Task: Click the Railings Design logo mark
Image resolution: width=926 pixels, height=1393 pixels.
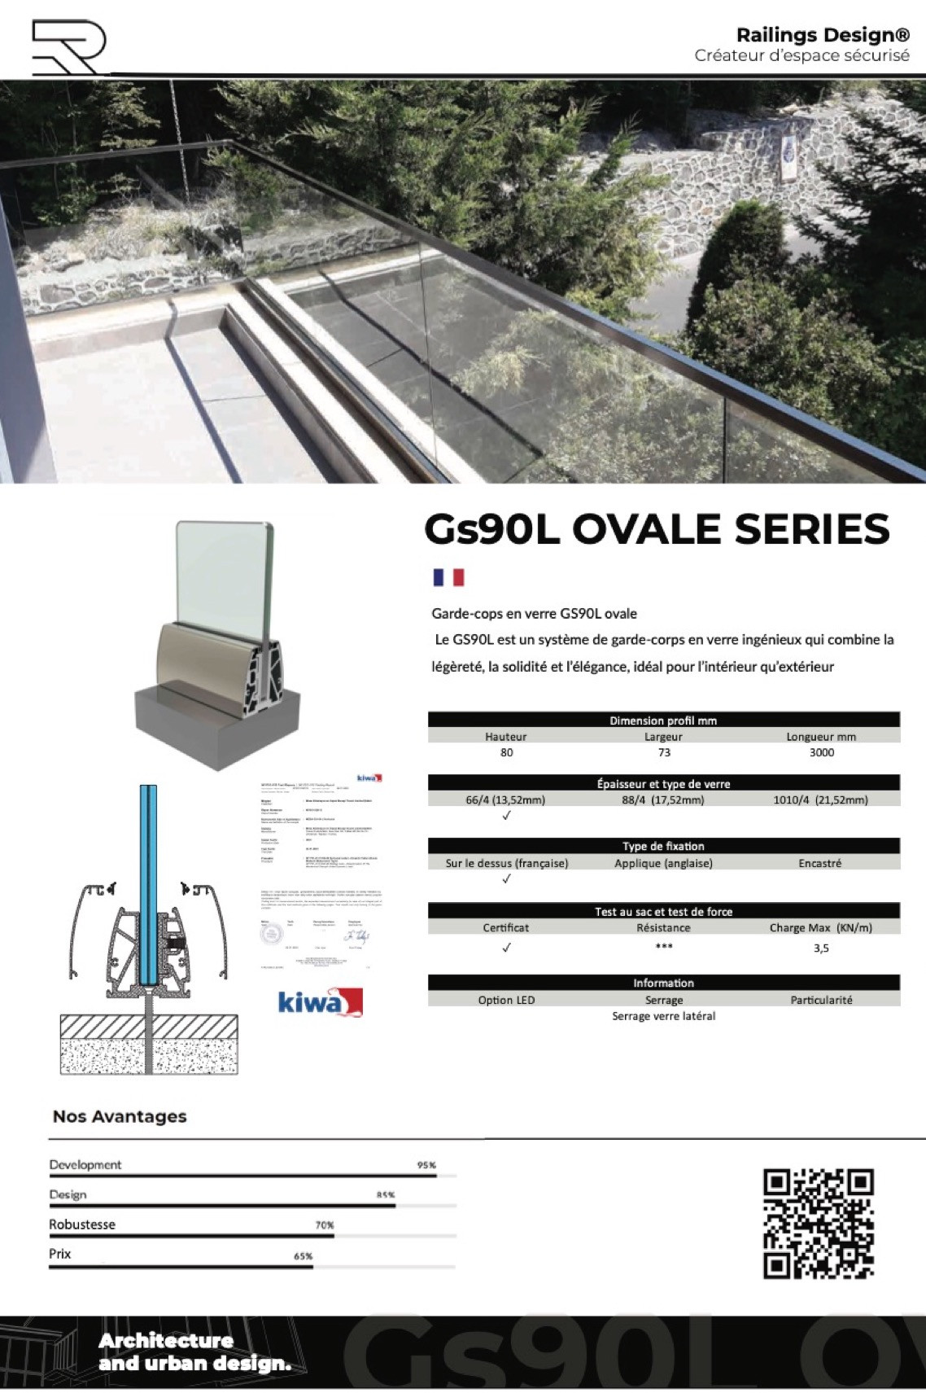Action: click(68, 47)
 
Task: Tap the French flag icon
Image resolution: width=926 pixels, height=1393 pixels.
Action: click(448, 577)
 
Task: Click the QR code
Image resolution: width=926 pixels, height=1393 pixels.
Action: click(818, 1223)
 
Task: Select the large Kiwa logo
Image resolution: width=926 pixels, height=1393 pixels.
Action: click(320, 1001)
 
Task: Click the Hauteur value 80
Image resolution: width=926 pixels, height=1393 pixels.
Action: click(506, 752)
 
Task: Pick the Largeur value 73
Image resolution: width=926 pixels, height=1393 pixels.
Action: click(664, 752)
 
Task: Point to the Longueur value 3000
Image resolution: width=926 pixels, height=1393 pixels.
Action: click(821, 752)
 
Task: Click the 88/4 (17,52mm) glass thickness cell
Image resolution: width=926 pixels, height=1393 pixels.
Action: click(663, 799)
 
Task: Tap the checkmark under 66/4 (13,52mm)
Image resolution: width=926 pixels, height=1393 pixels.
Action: click(506, 815)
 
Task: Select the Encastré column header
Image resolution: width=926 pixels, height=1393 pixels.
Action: click(819, 863)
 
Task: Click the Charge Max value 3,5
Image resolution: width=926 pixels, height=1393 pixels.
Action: click(821, 948)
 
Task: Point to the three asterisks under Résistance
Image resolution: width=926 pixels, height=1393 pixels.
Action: click(664, 946)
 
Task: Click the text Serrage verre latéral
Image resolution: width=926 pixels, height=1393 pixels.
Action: click(664, 1016)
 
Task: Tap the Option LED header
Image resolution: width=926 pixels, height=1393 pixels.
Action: click(506, 1000)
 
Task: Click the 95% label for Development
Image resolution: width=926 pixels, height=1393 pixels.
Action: click(426, 1165)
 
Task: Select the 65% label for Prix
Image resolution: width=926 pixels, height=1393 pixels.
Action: click(303, 1255)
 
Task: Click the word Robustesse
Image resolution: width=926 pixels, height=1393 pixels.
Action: click(82, 1224)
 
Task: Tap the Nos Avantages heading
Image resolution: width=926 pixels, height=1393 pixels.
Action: click(120, 1116)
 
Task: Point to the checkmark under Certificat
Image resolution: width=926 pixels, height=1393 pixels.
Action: click(506, 947)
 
